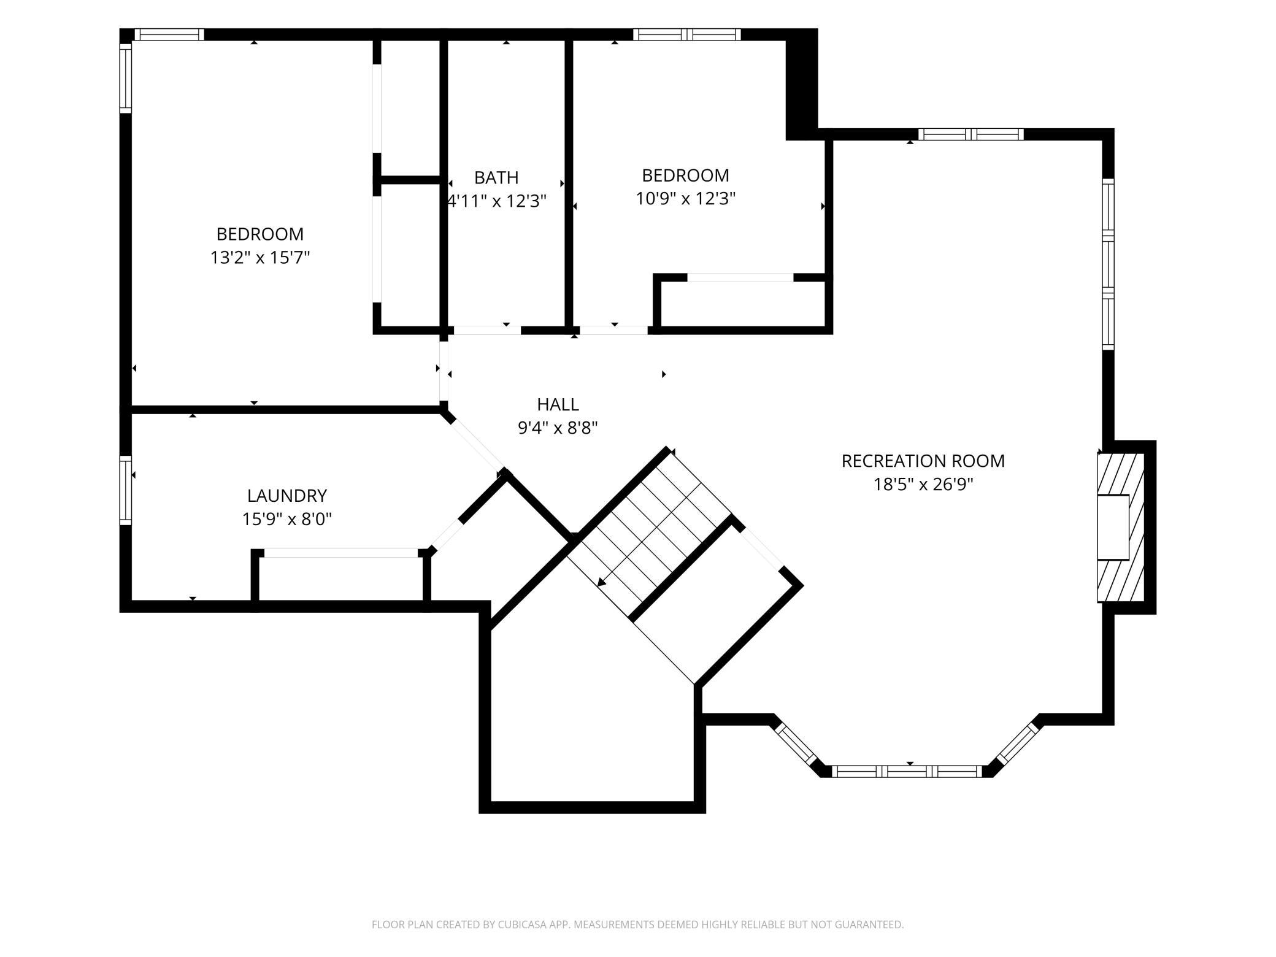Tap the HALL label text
[558, 404]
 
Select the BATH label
[496, 177]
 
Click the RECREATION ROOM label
[923, 461]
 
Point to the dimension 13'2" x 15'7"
[260, 258]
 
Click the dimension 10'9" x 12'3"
[685, 199]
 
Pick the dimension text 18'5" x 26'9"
[923, 485]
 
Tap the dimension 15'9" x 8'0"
[287, 520]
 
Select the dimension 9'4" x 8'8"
[558, 428]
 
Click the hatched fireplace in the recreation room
[1121, 528]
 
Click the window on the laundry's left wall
[126, 490]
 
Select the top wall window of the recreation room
[971, 134]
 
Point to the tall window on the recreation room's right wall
[1108, 264]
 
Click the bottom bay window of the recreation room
[907, 771]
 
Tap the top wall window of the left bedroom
[169, 34]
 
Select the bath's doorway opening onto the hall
[487, 330]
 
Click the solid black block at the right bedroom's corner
[802, 85]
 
